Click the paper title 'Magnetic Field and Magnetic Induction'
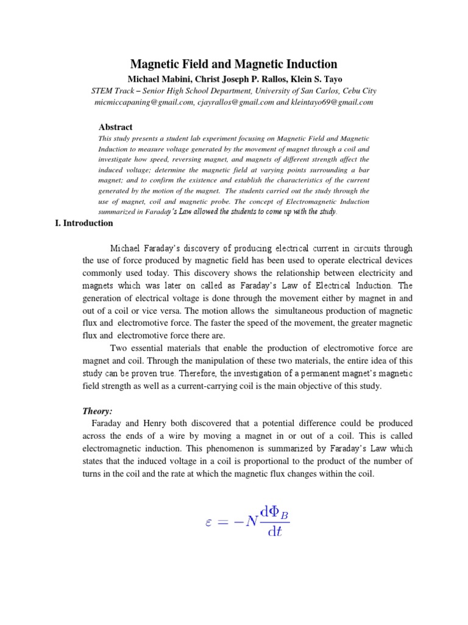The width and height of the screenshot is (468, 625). point(234,64)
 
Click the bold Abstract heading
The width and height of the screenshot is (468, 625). point(115,128)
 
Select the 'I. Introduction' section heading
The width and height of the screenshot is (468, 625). point(84,223)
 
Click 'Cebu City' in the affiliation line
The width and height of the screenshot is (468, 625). point(360,91)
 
